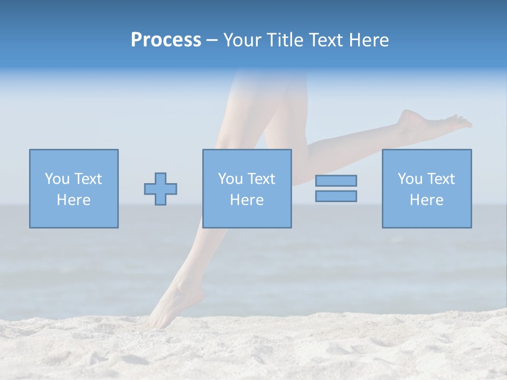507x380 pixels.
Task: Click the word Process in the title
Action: pyautogui.click(x=166, y=40)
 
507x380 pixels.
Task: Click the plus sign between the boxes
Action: pyautogui.click(x=161, y=189)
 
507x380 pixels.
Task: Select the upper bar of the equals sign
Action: pyautogui.click(x=336, y=181)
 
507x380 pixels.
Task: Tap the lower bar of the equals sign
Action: pyautogui.click(x=336, y=196)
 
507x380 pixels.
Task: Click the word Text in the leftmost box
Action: pyautogui.click(x=88, y=179)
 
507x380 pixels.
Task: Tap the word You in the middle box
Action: pyautogui.click(x=230, y=179)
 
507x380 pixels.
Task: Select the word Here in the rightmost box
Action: pyautogui.click(x=426, y=200)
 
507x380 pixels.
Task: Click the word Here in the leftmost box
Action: pyautogui.click(x=73, y=200)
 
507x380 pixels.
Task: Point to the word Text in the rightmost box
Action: pyautogui.click(x=441, y=179)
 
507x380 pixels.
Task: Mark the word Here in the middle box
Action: pyautogui.click(x=247, y=200)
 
